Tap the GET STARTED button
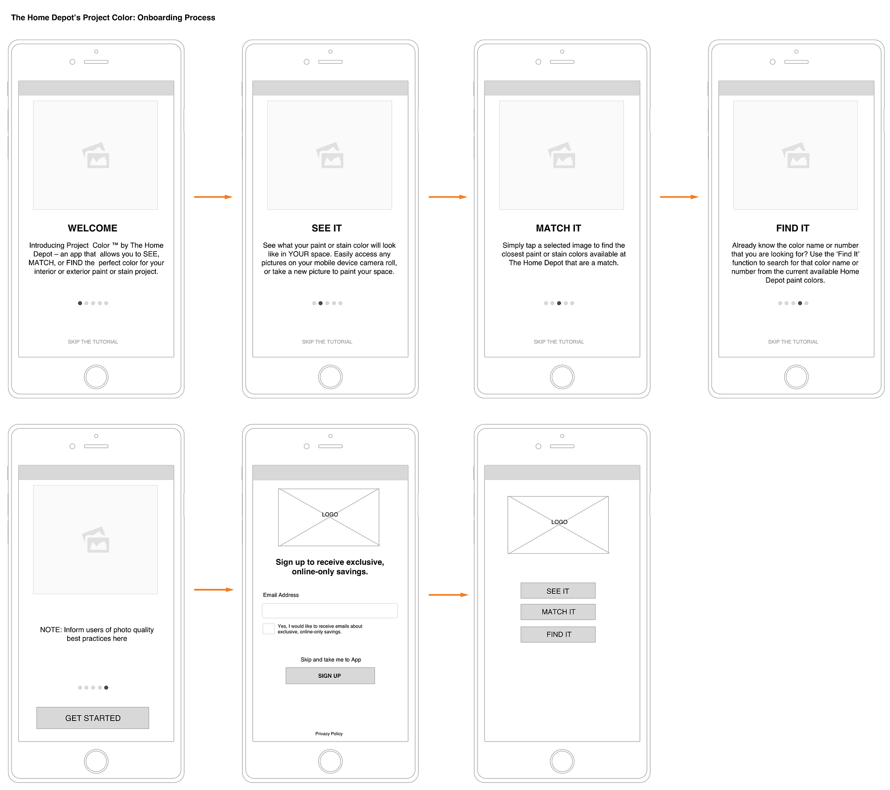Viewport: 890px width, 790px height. pyautogui.click(x=93, y=717)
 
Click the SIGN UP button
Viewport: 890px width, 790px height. pyautogui.click(x=330, y=675)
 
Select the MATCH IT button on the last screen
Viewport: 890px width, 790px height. pyautogui.click(x=558, y=612)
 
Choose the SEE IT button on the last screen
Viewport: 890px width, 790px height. pyautogui.click(x=558, y=591)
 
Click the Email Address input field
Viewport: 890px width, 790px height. pyautogui.click(x=329, y=610)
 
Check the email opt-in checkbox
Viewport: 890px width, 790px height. pyautogui.click(x=268, y=628)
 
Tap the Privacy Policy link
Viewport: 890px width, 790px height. pyautogui.click(x=329, y=733)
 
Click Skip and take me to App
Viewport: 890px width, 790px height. pyautogui.click(x=331, y=659)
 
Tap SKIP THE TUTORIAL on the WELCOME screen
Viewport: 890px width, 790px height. pyautogui.click(x=93, y=342)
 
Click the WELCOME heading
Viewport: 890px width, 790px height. pyautogui.click(x=93, y=228)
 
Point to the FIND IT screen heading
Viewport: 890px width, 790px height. pyautogui.click(x=793, y=228)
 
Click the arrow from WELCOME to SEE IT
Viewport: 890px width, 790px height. pyautogui.click(x=213, y=197)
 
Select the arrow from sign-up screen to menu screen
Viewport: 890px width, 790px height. pyautogui.click(x=448, y=595)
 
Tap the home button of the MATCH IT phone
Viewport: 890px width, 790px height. pyautogui.click(x=562, y=377)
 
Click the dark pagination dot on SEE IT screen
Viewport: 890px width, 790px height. pyautogui.click(x=320, y=303)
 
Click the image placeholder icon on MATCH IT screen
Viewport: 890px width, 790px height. pyautogui.click(x=562, y=155)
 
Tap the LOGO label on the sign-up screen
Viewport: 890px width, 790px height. pyautogui.click(x=330, y=514)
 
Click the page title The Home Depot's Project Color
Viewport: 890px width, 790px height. pyautogui.click(x=113, y=17)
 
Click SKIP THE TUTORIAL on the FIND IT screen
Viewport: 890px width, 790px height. pyautogui.click(x=793, y=342)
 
